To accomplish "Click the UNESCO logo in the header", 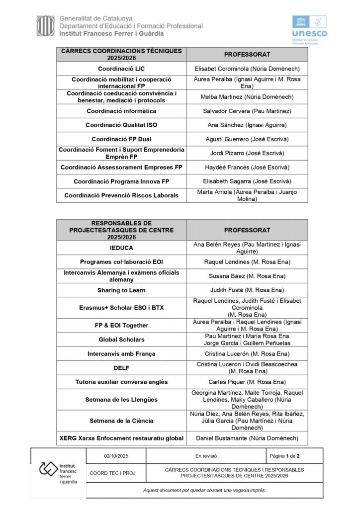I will [x=309, y=29].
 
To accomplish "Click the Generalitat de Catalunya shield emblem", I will [x=45, y=26].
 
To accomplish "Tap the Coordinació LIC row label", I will [x=121, y=69].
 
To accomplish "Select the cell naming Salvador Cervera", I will [x=247, y=111].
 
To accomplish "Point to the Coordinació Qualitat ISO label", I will [x=121, y=125].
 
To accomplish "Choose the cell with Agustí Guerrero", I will [x=247, y=139].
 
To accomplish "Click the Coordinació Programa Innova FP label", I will [x=121, y=181].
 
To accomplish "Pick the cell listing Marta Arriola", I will [x=247, y=195].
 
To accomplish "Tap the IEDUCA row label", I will [x=121, y=248].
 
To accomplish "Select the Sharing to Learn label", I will [x=121, y=290].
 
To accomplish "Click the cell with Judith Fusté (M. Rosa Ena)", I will [x=247, y=290].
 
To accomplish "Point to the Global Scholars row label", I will [x=121, y=339].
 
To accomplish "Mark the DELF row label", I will [x=121, y=368].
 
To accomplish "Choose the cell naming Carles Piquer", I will [x=247, y=382].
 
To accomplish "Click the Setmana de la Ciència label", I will [x=121, y=421].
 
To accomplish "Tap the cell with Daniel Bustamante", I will [x=247, y=438].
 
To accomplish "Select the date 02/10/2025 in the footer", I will [x=116, y=456].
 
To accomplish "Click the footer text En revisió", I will [x=206, y=456].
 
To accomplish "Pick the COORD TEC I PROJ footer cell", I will [x=116, y=473].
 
